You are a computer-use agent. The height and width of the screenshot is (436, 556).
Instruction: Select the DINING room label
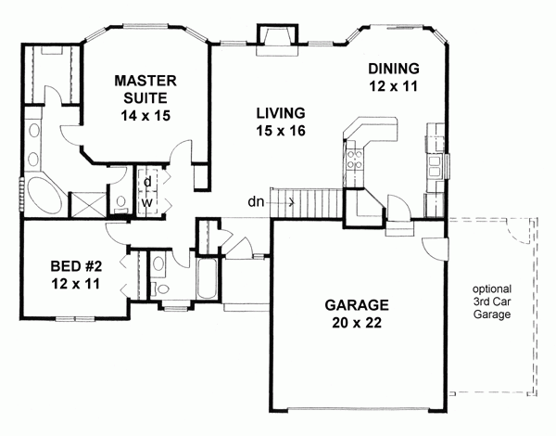coord(394,69)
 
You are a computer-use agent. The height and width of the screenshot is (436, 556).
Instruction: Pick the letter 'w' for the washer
coord(146,200)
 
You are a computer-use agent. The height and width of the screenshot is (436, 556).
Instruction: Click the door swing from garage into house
coord(432,249)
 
